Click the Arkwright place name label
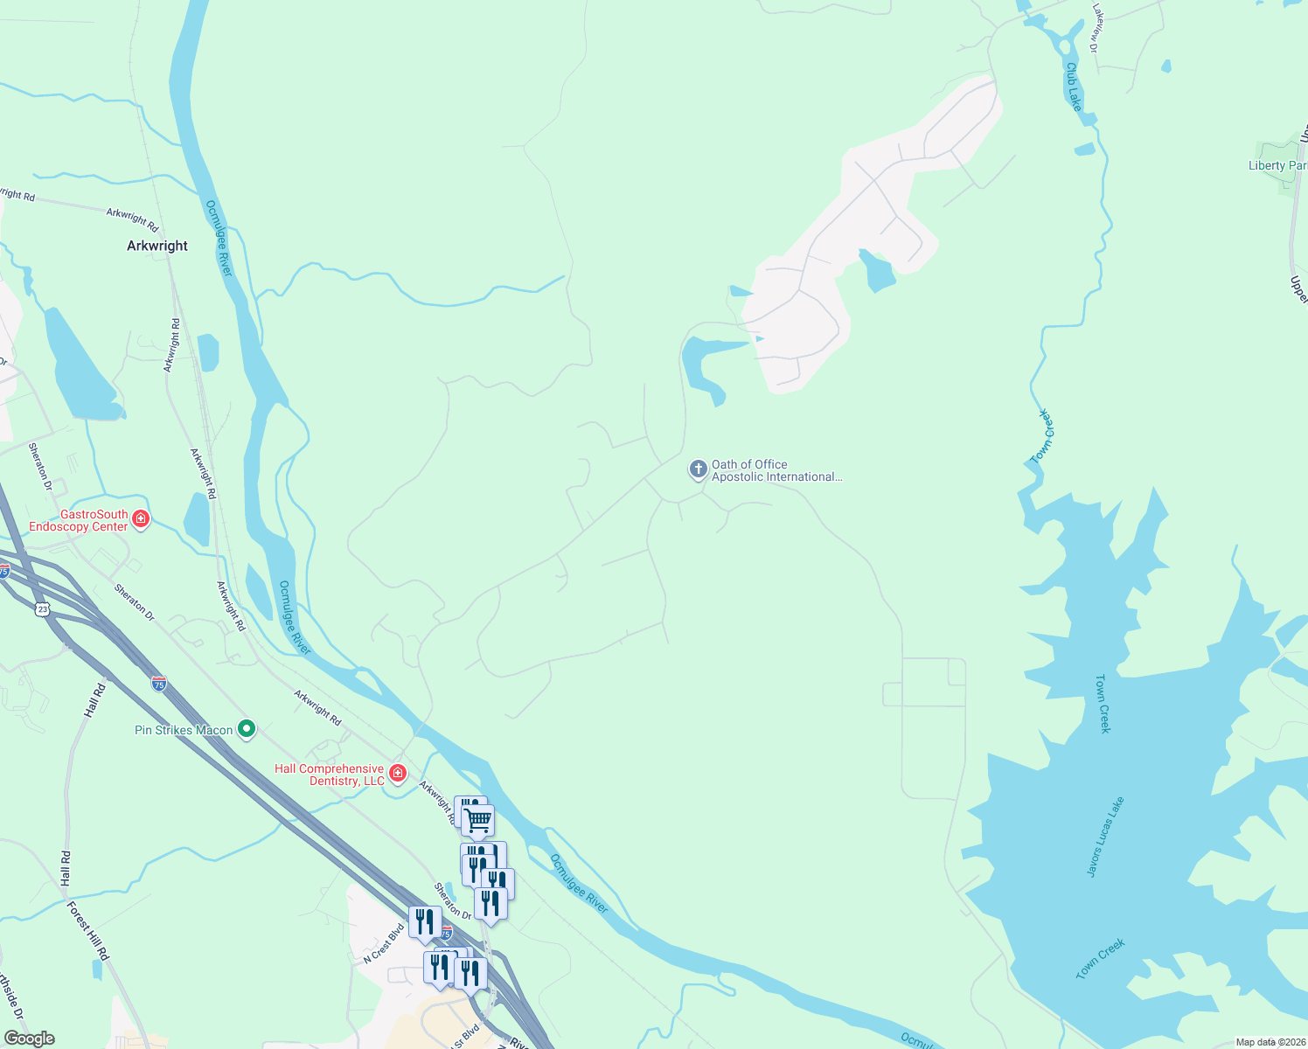tap(157, 247)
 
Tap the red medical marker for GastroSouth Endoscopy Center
tap(141, 519)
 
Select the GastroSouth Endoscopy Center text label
tap(79, 521)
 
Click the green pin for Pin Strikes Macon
tap(247, 728)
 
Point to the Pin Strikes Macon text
tap(184, 730)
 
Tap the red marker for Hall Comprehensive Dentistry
tap(398, 773)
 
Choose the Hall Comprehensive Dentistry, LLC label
tap(330, 775)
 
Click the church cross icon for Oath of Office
tap(698, 469)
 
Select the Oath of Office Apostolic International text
tap(776, 471)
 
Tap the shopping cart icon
tap(478, 820)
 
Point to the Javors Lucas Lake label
tap(1105, 837)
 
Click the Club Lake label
tap(1074, 87)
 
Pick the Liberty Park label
tap(1277, 165)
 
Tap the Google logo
tap(30, 1039)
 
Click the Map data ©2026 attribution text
tap(1270, 1042)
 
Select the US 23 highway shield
tap(43, 608)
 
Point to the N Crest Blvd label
tap(384, 945)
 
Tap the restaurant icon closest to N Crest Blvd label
tap(425, 922)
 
